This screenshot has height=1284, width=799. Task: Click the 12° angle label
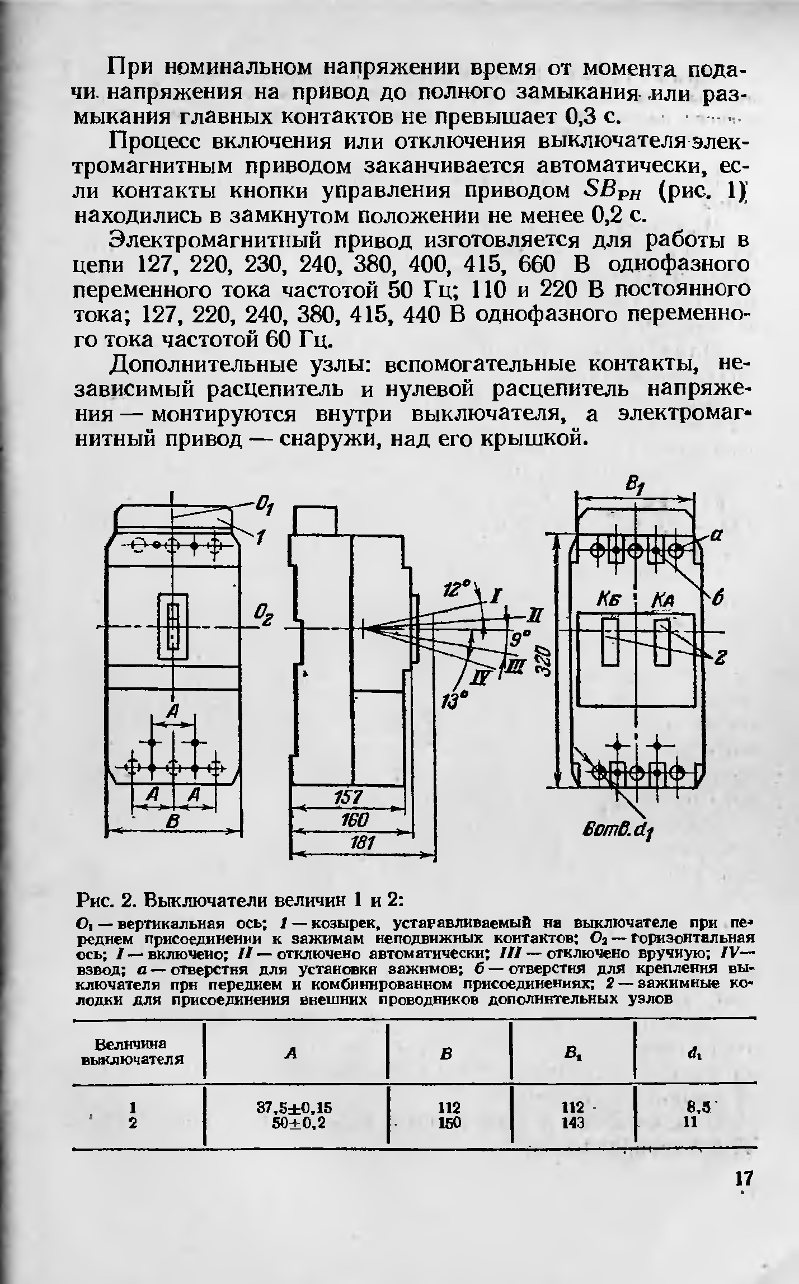tap(454, 588)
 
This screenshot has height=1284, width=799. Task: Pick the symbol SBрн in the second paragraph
tap(612, 192)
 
